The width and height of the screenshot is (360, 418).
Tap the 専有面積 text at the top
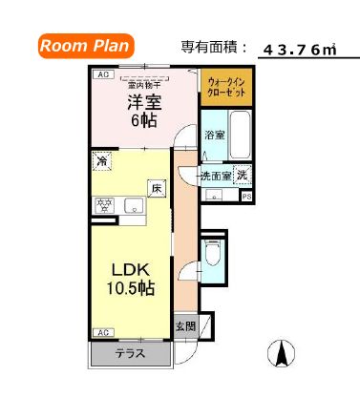click(x=213, y=47)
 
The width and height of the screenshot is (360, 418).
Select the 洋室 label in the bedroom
click(x=145, y=102)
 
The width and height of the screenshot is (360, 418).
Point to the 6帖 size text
click(x=145, y=121)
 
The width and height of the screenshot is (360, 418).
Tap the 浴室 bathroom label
click(x=215, y=136)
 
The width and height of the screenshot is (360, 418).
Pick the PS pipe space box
click(x=246, y=197)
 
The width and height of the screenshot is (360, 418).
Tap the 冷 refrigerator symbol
click(x=101, y=161)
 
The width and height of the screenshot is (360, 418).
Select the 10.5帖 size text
click(x=129, y=288)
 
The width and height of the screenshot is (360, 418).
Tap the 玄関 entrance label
click(x=186, y=324)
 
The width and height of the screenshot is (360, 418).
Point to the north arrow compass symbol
click(x=284, y=353)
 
